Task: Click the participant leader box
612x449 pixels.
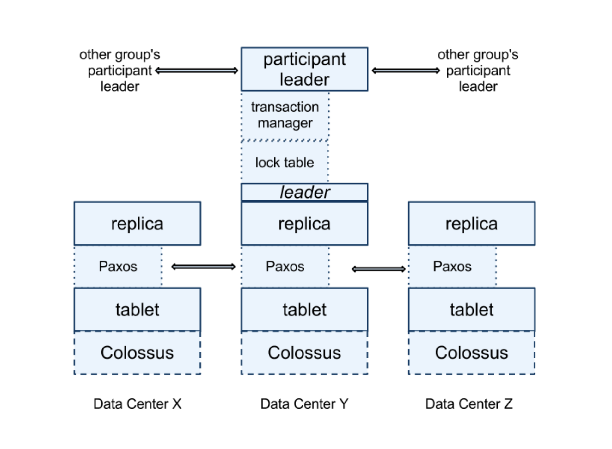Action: (x=304, y=69)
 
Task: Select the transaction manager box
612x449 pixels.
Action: (x=285, y=115)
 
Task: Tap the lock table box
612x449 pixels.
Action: (x=285, y=162)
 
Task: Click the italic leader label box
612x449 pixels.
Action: (x=304, y=192)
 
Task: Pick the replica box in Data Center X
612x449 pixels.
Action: (x=137, y=224)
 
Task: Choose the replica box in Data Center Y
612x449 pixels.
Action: (x=304, y=224)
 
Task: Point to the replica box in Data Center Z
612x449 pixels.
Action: (x=471, y=224)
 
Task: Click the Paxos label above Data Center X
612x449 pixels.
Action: (x=118, y=266)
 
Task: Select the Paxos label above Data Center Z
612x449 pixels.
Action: (x=452, y=266)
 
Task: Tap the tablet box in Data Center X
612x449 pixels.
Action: (x=137, y=309)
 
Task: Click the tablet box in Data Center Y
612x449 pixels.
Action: (x=304, y=309)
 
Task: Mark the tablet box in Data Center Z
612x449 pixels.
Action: (x=471, y=309)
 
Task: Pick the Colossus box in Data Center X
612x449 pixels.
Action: (x=137, y=353)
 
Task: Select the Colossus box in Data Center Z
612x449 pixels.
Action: (x=471, y=353)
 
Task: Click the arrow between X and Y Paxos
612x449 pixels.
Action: (x=203, y=267)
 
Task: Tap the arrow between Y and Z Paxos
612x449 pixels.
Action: (x=378, y=269)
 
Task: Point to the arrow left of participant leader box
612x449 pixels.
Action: (x=197, y=70)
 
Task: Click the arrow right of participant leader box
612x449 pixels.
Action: (x=406, y=71)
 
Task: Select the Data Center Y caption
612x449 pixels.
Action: (x=304, y=404)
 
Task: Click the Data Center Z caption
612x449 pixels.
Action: (x=469, y=404)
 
